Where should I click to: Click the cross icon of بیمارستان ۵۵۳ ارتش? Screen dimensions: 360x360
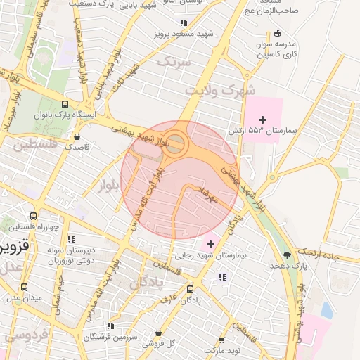click(x=263, y=120)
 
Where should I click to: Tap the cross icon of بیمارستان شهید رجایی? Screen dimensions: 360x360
click(x=210, y=244)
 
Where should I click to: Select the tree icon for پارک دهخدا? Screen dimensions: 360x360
click(x=286, y=255)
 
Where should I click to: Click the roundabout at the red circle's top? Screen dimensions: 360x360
click(x=177, y=145)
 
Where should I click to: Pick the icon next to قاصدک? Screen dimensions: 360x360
click(x=77, y=136)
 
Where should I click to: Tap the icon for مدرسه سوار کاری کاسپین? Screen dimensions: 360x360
click(x=277, y=33)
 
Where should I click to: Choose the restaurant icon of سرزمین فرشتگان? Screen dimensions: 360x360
click(x=110, y=326)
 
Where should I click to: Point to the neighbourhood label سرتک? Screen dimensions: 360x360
click(x=174, y=63)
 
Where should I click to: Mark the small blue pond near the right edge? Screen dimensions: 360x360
click(x=326, y=308)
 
